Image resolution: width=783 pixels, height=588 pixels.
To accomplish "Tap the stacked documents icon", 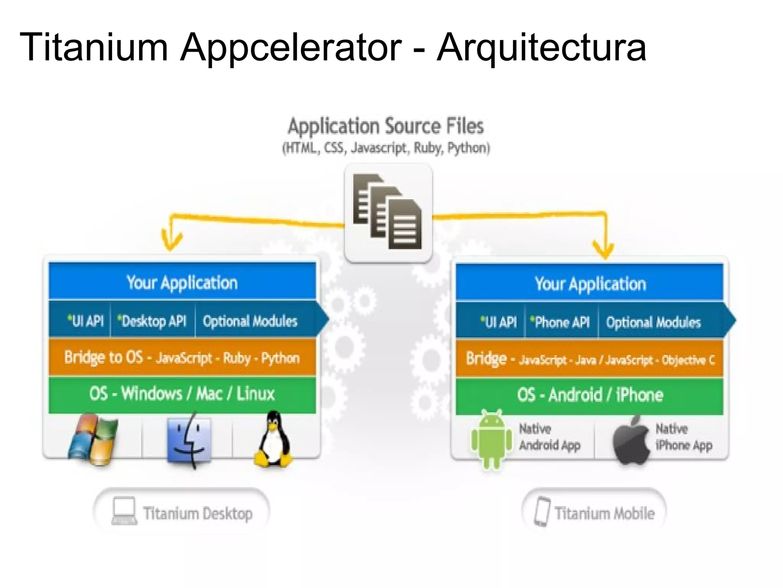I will tap(387, 212).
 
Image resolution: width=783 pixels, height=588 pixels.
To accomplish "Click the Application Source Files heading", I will tap(386, 126).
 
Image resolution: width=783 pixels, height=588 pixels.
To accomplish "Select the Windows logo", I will tap(93, 439).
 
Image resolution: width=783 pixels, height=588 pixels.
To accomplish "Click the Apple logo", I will tap(631, 441).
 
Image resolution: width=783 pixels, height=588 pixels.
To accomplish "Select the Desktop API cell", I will tap(153, 321).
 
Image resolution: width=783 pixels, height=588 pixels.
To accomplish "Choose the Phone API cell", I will tap(561, 322).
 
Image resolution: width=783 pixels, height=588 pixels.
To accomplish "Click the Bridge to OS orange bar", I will tap(182, 358).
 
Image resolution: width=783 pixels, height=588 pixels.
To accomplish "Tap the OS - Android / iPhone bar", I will tap(590, 395).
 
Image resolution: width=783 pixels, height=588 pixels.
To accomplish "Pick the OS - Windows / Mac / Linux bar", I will tap(182, 394).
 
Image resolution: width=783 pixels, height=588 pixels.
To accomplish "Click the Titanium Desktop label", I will tap(182, 513).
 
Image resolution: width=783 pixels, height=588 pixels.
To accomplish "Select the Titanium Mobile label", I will tap(594, 513).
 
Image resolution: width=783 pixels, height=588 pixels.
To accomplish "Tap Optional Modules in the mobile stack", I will tap(653, 322).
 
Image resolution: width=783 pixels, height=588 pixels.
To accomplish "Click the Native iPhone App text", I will tap(683, 437).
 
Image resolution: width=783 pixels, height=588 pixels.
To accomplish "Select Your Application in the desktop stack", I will tap(182, 283).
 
